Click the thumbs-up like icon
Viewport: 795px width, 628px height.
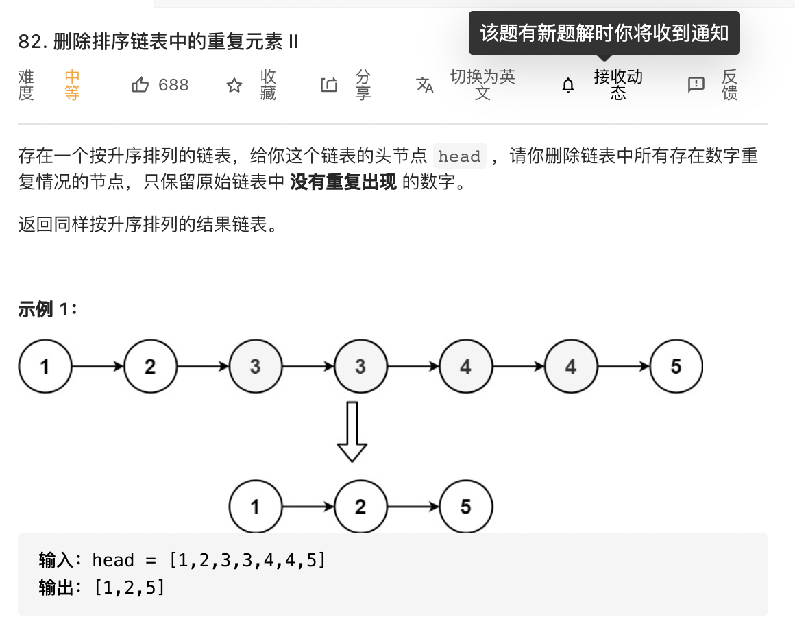[x=140, y=85]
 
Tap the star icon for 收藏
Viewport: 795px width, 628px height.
[x=234, y=85]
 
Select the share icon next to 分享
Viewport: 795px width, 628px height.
[x=329, y=85]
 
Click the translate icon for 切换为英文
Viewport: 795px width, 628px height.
[x=425, y=85]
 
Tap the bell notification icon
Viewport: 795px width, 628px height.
[x=568, y=85]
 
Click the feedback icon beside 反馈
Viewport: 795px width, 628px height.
[x=696, y=85]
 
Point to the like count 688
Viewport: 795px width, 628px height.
[x=173, y=85]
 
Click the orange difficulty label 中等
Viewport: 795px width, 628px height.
[x=72, y=85]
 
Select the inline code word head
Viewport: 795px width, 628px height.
[x=459, y=156]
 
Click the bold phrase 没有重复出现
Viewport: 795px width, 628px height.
[x=343, y=183]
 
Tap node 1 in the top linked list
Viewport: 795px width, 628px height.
[x=45, y=367]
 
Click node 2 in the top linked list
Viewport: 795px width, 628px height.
[x=150, y=367]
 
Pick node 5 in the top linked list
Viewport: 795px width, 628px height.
[x=676, y=367]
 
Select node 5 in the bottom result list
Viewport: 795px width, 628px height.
[x=465, y=507]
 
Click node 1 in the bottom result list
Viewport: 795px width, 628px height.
[x=255, y=507]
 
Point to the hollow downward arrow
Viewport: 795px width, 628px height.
[x=352, y=432]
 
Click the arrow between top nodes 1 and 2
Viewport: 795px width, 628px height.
[x=98, y=367]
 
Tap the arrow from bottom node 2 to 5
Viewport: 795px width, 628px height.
[x=413, y=507]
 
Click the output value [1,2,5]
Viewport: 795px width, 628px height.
[x=130, y=588]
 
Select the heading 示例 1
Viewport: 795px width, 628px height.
[x=48, y=310]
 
